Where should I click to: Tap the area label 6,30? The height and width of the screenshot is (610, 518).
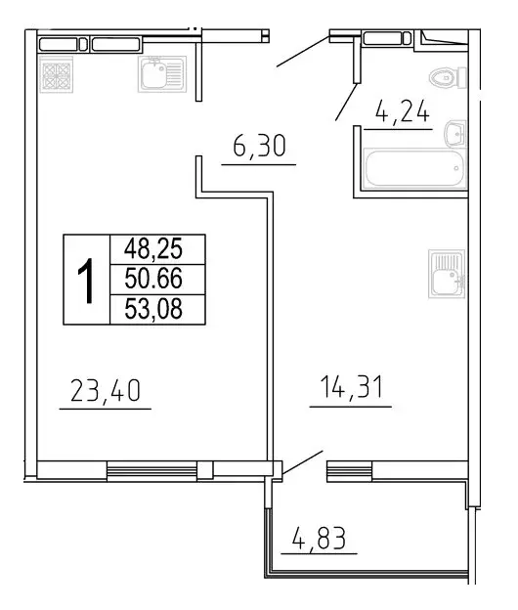click(258, 150)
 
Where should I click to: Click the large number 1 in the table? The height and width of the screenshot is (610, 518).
click(87, 280)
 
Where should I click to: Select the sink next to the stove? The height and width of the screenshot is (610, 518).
click(156, 73)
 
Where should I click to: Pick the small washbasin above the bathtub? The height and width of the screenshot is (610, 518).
click(453, 132)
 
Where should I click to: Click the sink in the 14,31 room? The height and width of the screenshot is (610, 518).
click(448, 276)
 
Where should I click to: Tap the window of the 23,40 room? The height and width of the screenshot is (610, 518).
click(151, 472)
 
